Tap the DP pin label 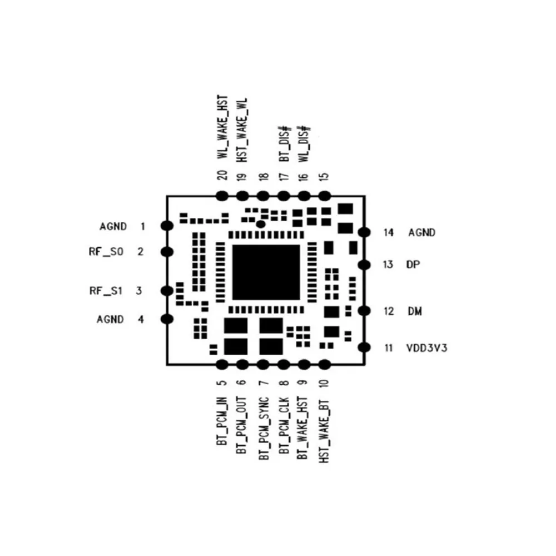pyautogui.click(x=413, y=265)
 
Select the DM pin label pyautogui.click(x=414, y=311)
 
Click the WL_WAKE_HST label pyautogui.click(x=222, y=128)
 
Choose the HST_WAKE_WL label pyautogui.click(x=242, y=128)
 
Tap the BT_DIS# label pyautogui.click(x=284, y=143)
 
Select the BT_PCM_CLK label pyautogui.click(x=284, y=426)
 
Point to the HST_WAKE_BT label pyautogui.click(x=325, y=430)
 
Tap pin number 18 pyautogui.click(x=264, y=177)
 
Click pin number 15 pyautogui.click(x=325, y=177)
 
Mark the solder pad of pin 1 pyautogui.click(x=166, y=225)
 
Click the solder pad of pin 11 pyautogui.click(x=364, y=348)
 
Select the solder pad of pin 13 pyautogui.click(x=364, y=265)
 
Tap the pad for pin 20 pyautogui.click(x=222, y=196)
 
